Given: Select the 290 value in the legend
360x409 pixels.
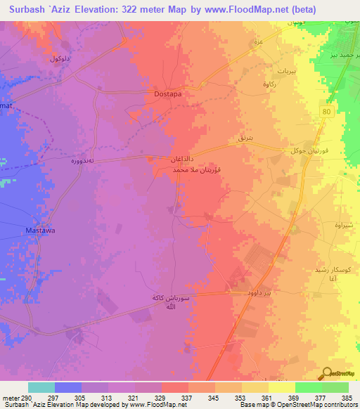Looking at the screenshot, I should coord(21,398).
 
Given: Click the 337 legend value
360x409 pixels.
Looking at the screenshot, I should coord(188,398).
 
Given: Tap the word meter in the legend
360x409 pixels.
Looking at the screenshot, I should coord(8,398).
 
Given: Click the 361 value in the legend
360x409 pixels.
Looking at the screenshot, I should coord(268,398).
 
